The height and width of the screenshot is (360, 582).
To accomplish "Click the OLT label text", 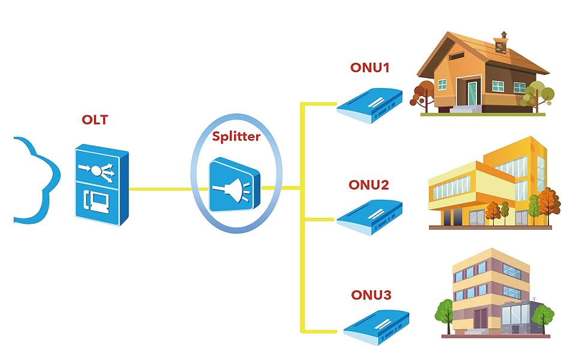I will (x=95, y=120).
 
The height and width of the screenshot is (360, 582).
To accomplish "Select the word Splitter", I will (x=236, y=136).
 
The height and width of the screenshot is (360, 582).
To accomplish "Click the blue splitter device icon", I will (x=235, y=185).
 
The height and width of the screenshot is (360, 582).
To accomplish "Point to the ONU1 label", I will (x=370, y=68).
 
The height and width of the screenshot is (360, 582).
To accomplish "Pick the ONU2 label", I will (x=368, y=185).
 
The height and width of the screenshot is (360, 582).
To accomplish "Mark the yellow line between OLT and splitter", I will (x=161, y=189).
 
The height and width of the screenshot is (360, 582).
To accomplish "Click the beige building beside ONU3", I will (x=486, y=294).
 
